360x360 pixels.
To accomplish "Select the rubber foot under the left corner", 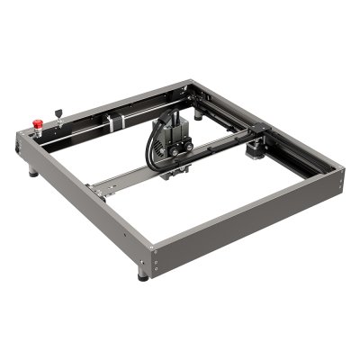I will pyautogui.click(x=33, y=171).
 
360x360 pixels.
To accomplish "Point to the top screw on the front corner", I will pyautogui.click(x=151, y=247).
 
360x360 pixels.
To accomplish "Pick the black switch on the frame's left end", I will pyautogui.click(x=20, y=141).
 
